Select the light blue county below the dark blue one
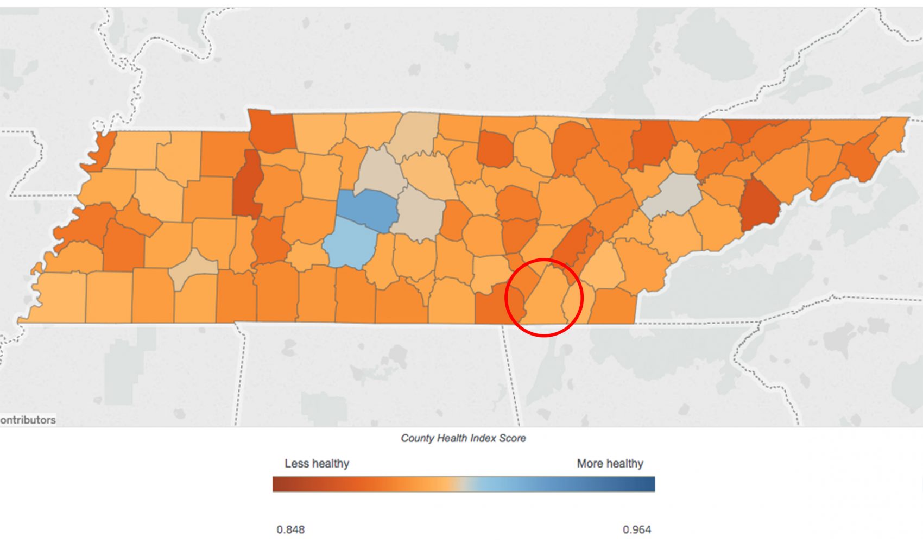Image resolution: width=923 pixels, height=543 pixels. tap(350, 243)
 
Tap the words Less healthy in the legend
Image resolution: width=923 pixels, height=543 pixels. tap(317, 464)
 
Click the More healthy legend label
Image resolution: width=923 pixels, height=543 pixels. tap(610, 464)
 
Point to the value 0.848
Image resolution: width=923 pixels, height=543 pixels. tap(290, 529)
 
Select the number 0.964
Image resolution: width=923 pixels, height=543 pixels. tap(637, 529)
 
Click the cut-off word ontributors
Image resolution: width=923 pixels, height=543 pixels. tap(28, 420)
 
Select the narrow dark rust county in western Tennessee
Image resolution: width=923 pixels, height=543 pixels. tap(248, 185)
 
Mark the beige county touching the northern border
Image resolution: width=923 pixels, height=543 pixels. tap(415, 133)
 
